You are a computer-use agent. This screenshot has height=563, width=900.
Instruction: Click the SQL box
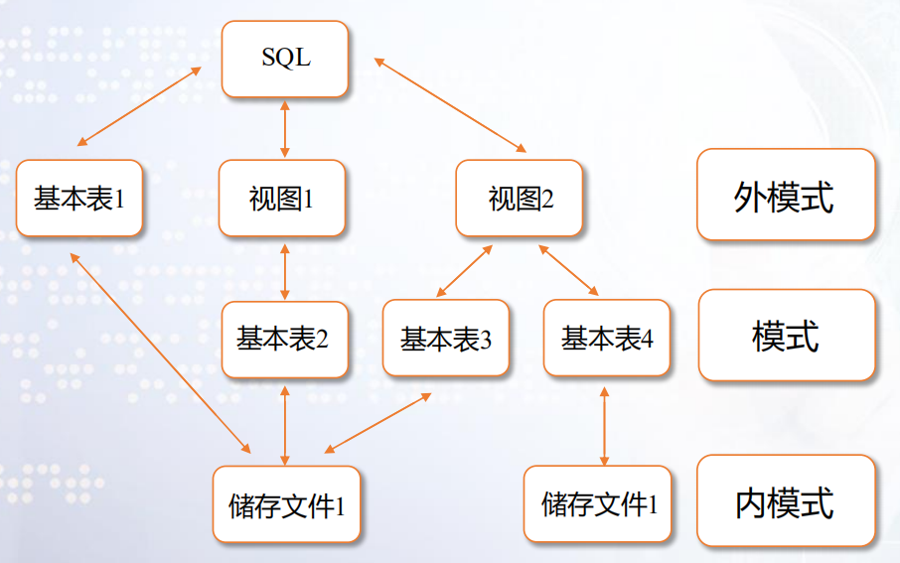[285, 59]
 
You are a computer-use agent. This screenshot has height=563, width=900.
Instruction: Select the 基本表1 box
[79, 199]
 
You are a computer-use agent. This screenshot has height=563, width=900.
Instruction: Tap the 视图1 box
[282, 199]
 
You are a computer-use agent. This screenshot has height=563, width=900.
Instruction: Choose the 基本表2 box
[285, 340]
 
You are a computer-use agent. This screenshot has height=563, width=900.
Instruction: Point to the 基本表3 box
[446, 340]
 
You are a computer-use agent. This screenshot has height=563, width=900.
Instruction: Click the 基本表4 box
[607, 340]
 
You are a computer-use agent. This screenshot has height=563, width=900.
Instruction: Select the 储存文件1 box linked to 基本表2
[287, 505]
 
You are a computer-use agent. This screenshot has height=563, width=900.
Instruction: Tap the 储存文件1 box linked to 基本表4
[600, 504]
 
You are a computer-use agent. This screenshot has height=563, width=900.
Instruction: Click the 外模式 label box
[786, 196]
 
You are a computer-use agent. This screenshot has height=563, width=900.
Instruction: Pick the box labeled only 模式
[786, 337]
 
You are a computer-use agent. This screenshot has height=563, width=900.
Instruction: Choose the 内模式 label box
[786, 502]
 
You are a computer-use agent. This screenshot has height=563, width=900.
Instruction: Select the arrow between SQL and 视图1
[285, 128]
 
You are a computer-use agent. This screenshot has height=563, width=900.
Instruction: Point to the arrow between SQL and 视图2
[450, 104]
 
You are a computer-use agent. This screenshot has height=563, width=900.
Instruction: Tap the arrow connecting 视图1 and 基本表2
[285, 269]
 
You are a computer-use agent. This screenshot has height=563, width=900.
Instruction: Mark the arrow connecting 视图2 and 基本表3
[465, 270]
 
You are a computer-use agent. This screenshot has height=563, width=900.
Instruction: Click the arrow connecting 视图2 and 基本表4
[568, 270]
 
